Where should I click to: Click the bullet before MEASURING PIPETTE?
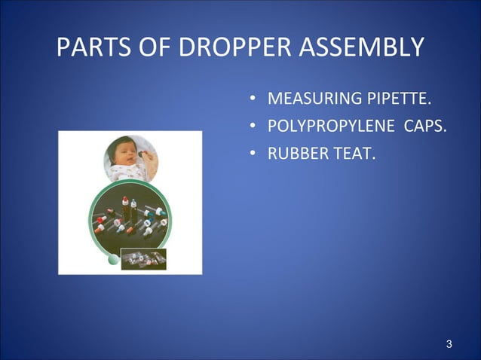coord(254,99)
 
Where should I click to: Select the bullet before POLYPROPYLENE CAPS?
coord(254,127)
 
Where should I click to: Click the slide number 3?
coord(449,345)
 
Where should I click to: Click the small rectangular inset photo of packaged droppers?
coord(143,258)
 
